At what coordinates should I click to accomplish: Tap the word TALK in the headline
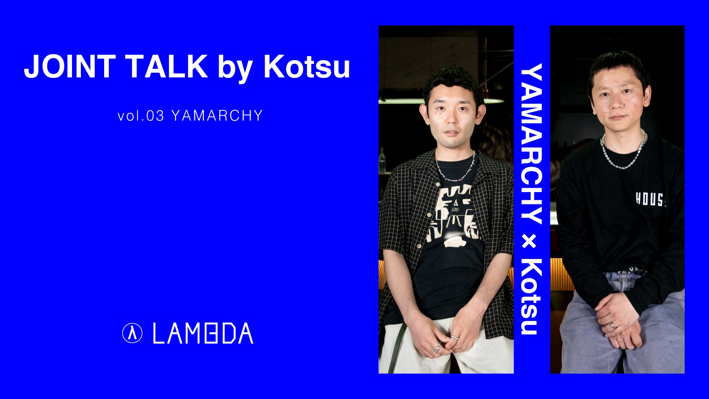(167, 66)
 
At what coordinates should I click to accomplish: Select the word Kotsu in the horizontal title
(306, 66)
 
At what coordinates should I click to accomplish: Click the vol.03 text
(141, 116)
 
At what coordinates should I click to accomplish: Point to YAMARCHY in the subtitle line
(217, 116)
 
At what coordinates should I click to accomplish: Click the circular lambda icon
(132, 333)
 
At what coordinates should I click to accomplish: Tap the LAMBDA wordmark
(203, 333)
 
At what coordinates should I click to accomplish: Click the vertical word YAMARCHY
(531, 144)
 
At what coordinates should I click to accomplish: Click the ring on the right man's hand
(612, 326)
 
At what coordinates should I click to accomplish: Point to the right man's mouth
(617, 117)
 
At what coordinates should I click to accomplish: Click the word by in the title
(236, 69)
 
